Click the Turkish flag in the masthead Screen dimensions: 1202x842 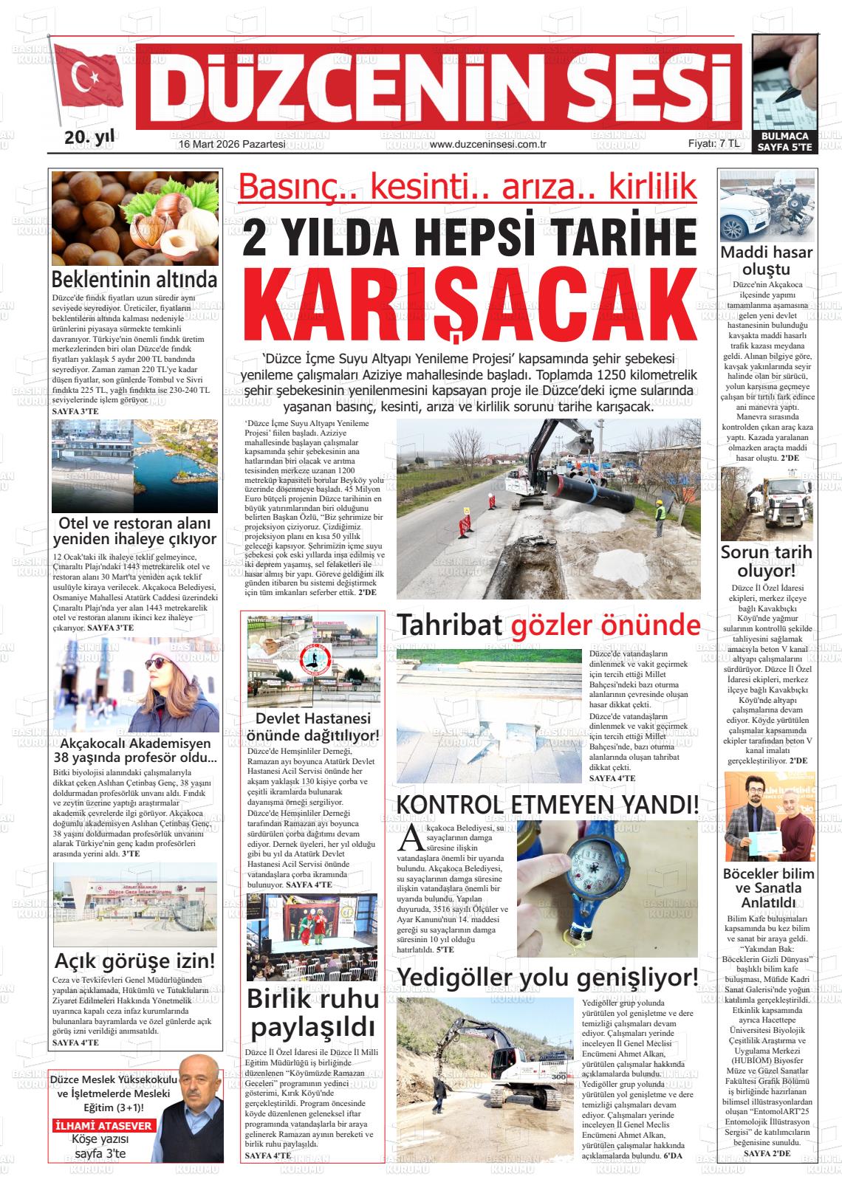[88, 80]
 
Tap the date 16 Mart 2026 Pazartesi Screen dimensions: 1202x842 [232, 145]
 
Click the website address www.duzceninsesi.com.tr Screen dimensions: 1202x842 [487, 145]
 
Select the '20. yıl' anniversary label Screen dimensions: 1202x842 [89, 137]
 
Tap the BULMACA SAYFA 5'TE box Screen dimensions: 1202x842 [784, 142]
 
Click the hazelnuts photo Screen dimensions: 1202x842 [135, 218]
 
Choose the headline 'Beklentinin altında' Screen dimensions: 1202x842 [134, 280]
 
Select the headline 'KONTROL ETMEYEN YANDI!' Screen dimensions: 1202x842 [547, 804]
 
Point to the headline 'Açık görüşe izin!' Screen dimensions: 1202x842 [135, 961]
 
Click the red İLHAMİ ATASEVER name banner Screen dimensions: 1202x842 [104, 1126]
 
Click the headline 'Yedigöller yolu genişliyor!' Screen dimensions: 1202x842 [547, 977]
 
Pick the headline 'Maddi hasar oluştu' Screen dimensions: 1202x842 [766, 261]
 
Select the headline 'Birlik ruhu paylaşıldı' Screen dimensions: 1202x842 [312, 1013]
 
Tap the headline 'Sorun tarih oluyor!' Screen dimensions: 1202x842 [766, 561]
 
